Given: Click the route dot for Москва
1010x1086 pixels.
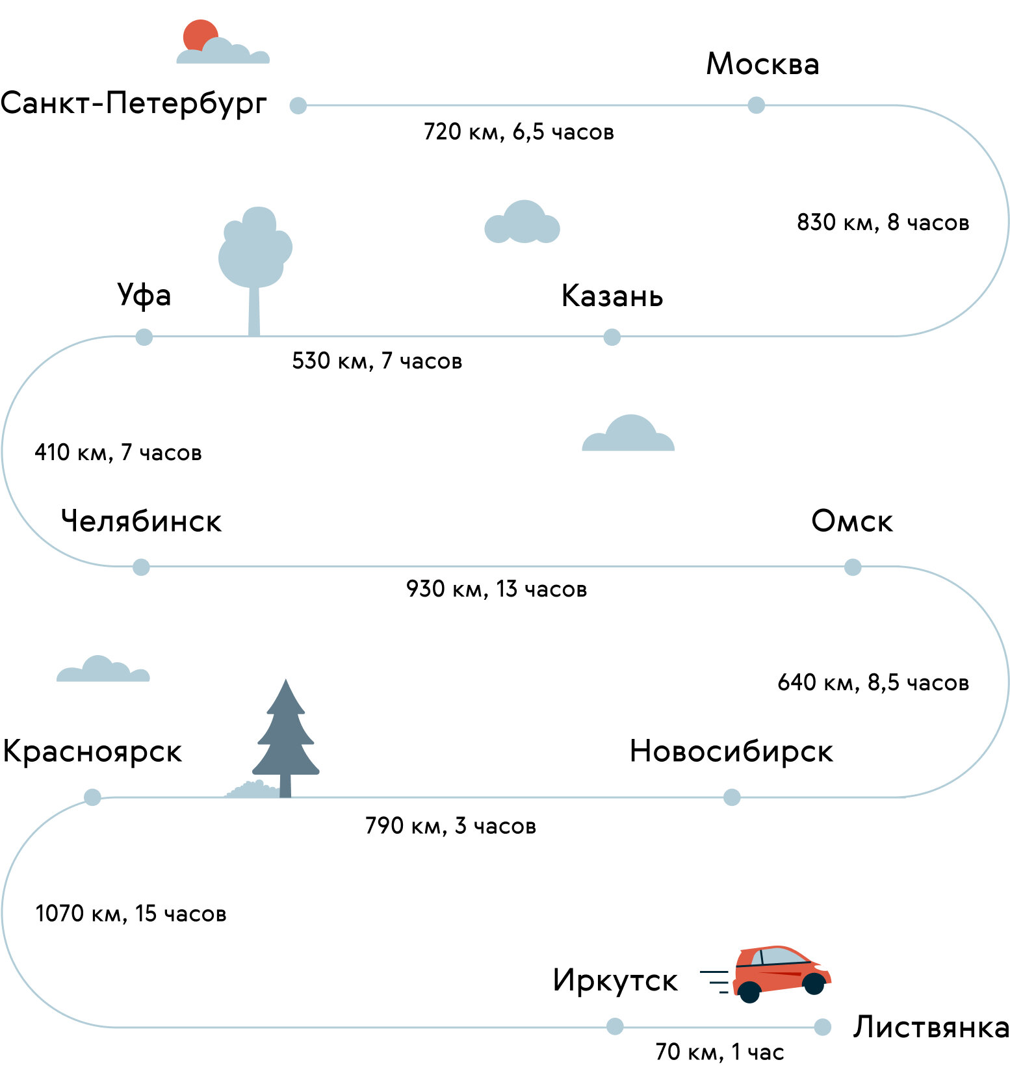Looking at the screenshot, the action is [x=756, y=105].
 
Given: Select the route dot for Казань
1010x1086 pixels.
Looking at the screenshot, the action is [x=612, y=337].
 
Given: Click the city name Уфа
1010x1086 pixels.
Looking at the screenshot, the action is [x=144, y=296].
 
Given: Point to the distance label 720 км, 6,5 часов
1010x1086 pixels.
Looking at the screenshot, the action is [x=519, y=132].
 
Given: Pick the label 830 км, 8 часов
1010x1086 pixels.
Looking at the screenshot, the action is [x=883, y=222].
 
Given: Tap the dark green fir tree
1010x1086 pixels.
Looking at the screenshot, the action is [x=285, y=738].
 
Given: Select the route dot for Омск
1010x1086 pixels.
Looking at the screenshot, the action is [x=853, y=567].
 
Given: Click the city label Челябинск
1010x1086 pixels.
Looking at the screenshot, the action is [x=141, y=521].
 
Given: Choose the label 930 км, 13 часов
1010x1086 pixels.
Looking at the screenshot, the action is [x=497, y=589].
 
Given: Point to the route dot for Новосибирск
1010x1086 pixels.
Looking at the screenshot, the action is [x=732, y=797].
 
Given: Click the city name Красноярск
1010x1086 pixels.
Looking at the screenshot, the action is [x=92, y=753].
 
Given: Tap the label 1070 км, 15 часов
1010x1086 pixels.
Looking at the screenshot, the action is [x=131, y=914].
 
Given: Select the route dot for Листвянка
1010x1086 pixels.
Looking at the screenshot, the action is [x=822, y=1027].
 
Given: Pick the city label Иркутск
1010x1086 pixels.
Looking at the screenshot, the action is [x=615, y=981].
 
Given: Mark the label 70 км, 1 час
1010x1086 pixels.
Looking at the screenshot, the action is [x=719, y=1052].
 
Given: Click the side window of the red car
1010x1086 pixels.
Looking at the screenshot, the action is [x=783, y=956].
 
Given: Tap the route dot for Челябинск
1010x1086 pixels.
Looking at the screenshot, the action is [x=141, y=567].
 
